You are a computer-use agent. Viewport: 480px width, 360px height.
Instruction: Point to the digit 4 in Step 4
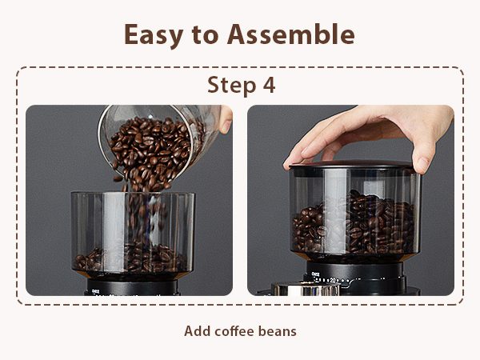268,86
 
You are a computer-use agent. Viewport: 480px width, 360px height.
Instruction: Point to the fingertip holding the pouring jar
226,124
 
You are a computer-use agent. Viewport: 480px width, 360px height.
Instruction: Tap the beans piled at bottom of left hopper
128,258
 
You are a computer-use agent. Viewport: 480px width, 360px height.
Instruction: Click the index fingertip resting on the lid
422,164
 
